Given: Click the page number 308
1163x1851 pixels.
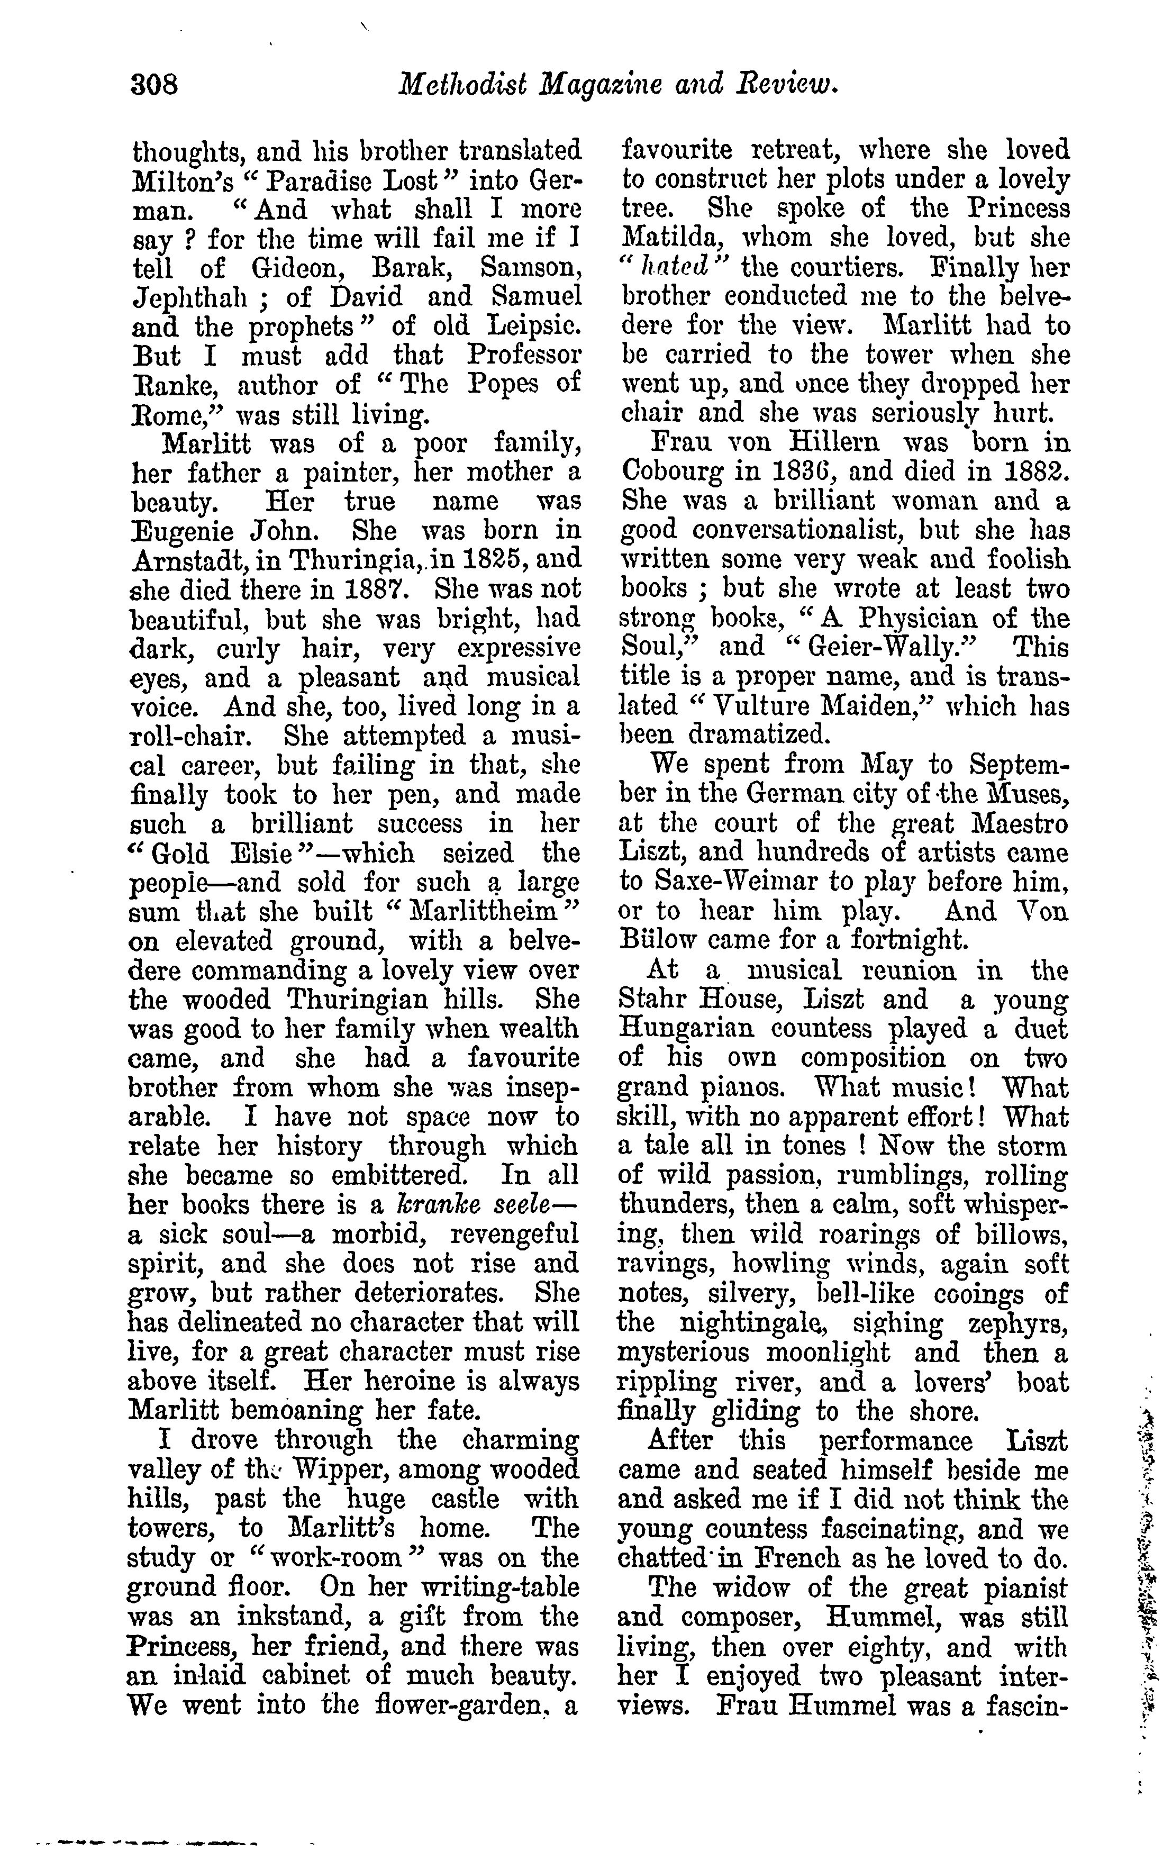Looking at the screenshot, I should pos(155,83).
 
